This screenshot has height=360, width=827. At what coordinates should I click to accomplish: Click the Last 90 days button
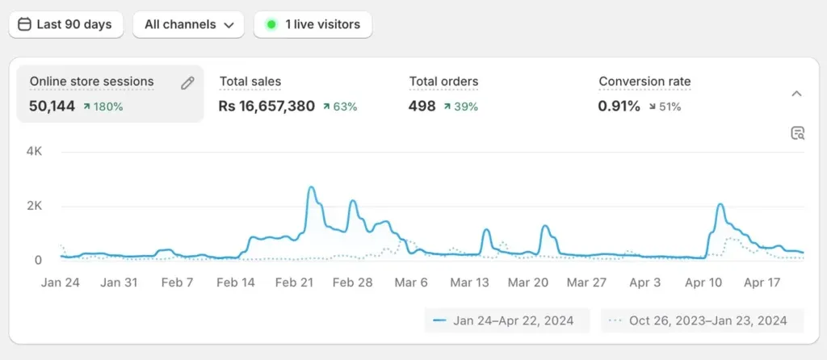(x=65, y=24)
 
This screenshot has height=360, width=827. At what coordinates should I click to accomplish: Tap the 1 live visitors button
(x=313, y=24)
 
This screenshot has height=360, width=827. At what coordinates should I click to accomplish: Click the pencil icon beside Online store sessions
(x=187, y=82)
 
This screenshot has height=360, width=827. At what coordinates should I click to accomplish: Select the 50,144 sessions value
(x=52, y=106)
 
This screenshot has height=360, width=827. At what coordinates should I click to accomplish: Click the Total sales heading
(x=250, y=82)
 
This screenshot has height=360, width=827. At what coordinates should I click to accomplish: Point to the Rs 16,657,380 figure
(x=267, y=106)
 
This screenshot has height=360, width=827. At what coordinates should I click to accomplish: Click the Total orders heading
(x=443, y=82)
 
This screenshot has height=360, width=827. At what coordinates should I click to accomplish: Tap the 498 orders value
(x=422, y=106)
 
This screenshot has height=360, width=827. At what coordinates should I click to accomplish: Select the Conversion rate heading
(x=644, y=82)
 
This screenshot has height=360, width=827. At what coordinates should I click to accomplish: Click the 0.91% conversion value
(x=619, y=106)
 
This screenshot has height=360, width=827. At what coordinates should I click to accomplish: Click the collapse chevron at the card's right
(x=796, y=94)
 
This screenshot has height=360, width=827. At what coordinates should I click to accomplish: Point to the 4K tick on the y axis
(x=34, y=151)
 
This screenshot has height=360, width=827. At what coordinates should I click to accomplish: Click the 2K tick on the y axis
(x=34, y=206)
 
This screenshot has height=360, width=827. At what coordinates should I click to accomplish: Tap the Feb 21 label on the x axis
(x=294, y=283)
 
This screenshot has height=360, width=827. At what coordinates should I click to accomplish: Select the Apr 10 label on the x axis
(x=703, y=283)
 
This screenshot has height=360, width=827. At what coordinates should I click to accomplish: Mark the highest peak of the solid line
(x=312, y=188)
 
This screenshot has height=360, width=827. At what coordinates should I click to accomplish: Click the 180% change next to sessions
(x=103, y=107)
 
